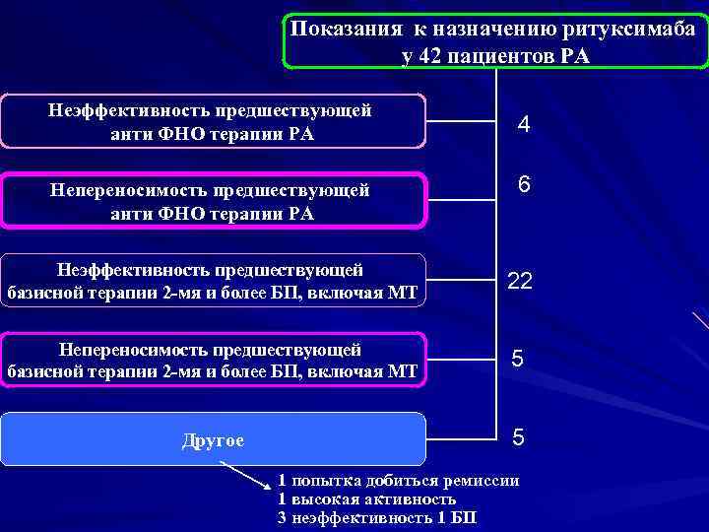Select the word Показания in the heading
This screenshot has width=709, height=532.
pyautogui.click(x=341, y=30)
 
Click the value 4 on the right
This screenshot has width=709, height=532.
pyautogui.click(x=524, y=125)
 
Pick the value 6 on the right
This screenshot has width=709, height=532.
pyautogui.click(x=524, y=185)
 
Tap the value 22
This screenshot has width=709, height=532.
pyautogui.click(x=520, y=282)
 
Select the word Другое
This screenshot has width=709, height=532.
pyautogui.click(x=214, y=439)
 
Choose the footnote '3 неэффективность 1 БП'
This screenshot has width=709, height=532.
pyautogui.click(x=377, y=517)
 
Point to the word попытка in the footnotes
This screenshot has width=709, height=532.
pyautogui.click(x=330, y=481)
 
